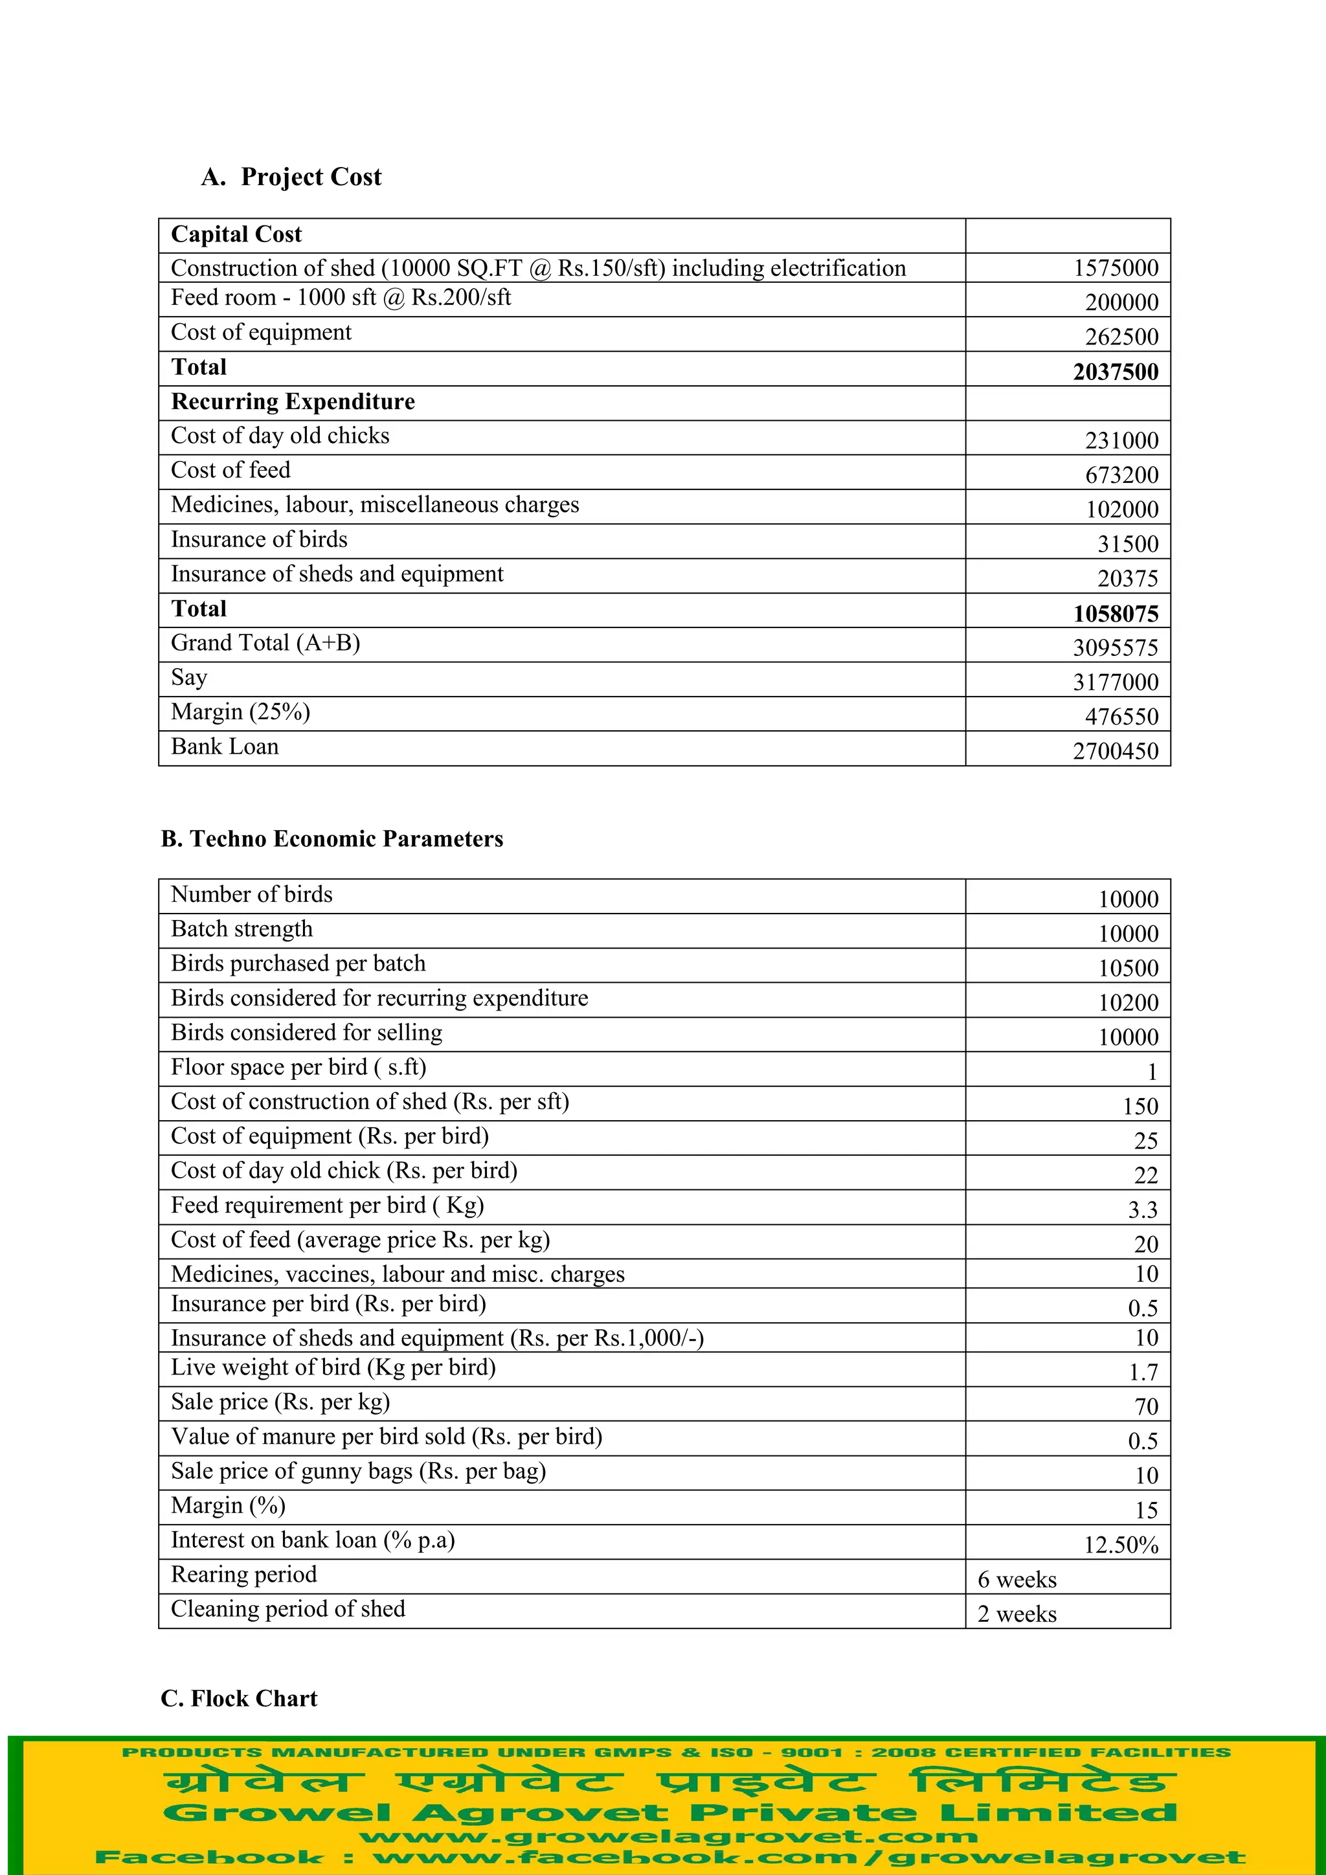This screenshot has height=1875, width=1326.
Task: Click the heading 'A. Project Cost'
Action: [x=291, y=177]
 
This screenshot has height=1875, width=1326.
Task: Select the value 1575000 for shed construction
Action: [x=1116, y=268]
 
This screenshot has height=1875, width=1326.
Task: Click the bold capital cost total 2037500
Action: [x=1116, y=372]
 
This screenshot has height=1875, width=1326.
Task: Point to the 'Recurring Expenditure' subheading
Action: [x=292, y=402]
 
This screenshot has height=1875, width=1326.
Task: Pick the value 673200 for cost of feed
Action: [x=1121, y=475]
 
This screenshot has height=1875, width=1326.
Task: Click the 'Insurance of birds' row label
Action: [x=259, y=540]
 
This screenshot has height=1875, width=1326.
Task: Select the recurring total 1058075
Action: [x=1116, y=613]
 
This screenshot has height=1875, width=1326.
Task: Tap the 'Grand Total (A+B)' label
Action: [x=265, y=644]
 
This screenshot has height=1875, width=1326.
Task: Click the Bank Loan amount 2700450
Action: [x=1116, y=751]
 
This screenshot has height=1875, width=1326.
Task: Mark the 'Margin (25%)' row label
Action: [x=240, y=712]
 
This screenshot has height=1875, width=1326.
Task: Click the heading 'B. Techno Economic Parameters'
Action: [x=331, y=840]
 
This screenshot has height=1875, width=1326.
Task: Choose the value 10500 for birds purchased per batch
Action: [x=1128, y=969]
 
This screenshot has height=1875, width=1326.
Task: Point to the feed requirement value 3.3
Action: [x=1142, y=1209]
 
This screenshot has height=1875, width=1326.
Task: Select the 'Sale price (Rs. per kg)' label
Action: [x=280, y=1402]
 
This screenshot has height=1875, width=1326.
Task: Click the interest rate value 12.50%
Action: [x=1121, y=1545]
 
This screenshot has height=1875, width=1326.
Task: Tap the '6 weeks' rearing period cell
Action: [x=1017, y=1580]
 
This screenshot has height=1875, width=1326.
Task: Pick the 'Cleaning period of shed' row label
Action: [x=287, y=1610]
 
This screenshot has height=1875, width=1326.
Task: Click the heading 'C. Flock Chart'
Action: [x=238, y=1699]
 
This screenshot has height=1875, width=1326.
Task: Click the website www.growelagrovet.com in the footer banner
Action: [x=668, y=1837]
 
